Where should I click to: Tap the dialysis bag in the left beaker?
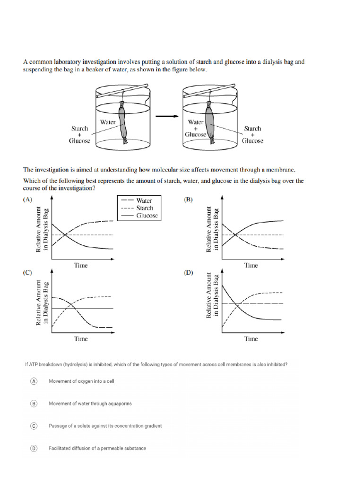(x=124, y=123)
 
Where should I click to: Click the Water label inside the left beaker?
(x=108, y=122)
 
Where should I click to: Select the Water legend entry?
(x=144, y=200)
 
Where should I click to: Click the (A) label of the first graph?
(x=28, y=199)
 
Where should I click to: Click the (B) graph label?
(x=188, y=199)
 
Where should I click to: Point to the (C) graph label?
(x=28, y=273)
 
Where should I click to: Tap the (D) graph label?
(x=189, y=273)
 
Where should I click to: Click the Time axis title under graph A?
(x=81, y=265)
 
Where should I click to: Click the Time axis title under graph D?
(x=251, y=338)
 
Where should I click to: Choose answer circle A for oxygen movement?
(x=34, y=381)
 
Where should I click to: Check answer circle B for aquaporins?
(x=34, y=403)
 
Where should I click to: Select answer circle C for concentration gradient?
(x=34, y=426)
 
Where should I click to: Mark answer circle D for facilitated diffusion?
(x=34, y=448)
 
